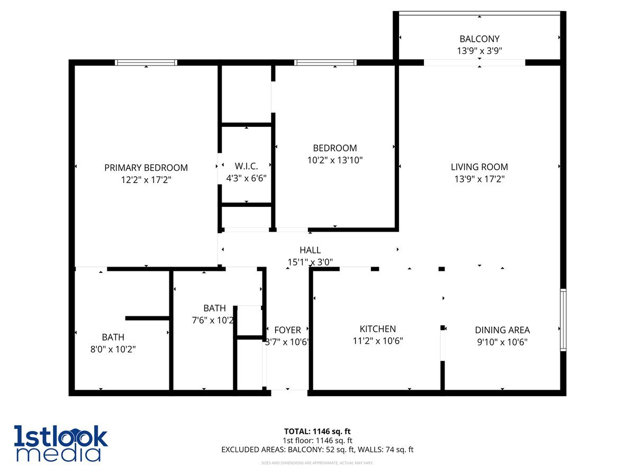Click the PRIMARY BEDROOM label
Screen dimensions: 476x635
coord(146,168)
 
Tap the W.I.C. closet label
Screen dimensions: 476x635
coord(246,166)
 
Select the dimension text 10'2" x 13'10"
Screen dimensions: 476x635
coord(334,160)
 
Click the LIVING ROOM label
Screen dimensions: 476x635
coord(479,167)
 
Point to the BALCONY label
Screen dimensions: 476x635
coord(479,39)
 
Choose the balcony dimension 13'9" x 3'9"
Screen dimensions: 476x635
coord(479,51)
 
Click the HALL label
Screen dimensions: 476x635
coord(310,250)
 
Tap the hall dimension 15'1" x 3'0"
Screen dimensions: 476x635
coord(310,262)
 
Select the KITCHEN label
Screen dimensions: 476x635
coord(378,329)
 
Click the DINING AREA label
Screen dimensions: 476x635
coord(502,330)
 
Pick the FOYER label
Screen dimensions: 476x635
coord(288,330)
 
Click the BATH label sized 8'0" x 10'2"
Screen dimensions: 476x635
coord(113,337)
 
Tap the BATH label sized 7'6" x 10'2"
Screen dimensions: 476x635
coord(214,308)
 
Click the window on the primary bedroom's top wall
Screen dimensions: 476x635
coord(146,62)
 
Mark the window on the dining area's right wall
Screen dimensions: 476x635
coord(563,319)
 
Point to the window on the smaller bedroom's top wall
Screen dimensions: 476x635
coord(325,62)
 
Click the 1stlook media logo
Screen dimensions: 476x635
coord(61,443)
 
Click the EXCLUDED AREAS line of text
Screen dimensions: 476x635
coord(317,450)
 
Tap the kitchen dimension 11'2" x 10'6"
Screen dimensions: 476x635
coord(378,341)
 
